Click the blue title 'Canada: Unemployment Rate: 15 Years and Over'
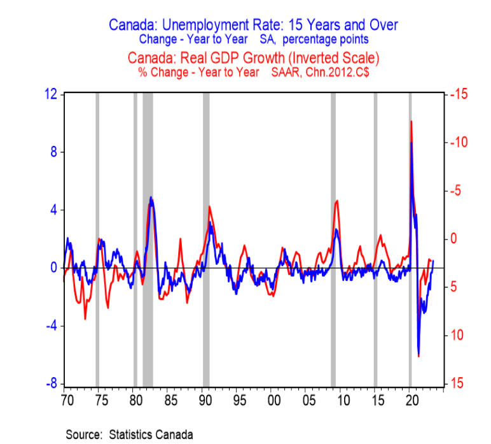tap(253, 25)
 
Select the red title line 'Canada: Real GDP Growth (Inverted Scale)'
tap(253, 58)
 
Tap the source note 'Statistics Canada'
tap(151, 434)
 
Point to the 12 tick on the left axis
tap(50, 94)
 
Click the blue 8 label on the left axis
tap(53, 152)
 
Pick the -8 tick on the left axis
tap(50, 383)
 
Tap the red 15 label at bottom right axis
tap(459, 383)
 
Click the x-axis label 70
tap(67, 401)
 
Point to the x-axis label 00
tap(273, 401)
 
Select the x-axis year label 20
tap(411, 401)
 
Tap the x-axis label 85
tap(170, 401)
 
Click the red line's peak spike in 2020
tap(411, 121)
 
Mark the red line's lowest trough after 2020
tap(418, 355)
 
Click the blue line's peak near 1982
tap(151, 197)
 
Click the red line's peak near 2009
tap(336, 201)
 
